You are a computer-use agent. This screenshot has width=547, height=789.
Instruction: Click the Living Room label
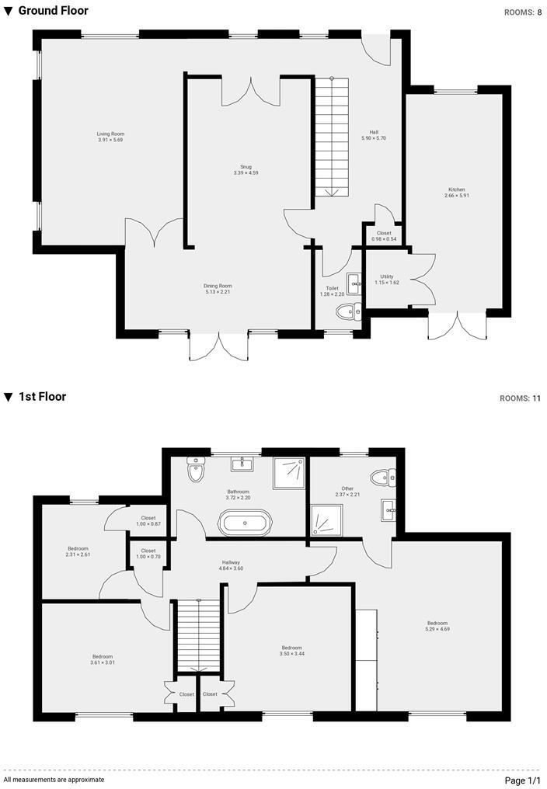[110, 134]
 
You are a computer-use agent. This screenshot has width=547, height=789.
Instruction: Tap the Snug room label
[246, 166]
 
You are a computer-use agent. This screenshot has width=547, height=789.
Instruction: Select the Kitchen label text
[456, 189]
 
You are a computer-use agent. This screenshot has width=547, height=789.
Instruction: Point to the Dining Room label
[218, 286]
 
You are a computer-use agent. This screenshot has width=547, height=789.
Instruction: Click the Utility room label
[386, 276]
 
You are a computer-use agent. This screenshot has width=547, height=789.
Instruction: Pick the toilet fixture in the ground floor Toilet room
[349, 311]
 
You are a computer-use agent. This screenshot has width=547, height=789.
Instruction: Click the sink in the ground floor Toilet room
[354, 283]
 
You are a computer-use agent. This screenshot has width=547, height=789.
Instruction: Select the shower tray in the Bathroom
[290, 473]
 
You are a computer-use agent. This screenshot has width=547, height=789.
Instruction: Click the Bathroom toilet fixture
[194, 470]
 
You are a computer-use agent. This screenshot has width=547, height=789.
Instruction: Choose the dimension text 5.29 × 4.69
[437, 629]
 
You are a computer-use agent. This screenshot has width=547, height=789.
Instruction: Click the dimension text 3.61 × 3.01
[103, 662]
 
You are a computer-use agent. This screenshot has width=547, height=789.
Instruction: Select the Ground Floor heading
[53, 11]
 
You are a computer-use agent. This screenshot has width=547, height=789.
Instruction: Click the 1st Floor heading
[42, 397]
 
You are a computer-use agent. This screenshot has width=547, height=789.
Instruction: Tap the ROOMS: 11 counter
[521, 398]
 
